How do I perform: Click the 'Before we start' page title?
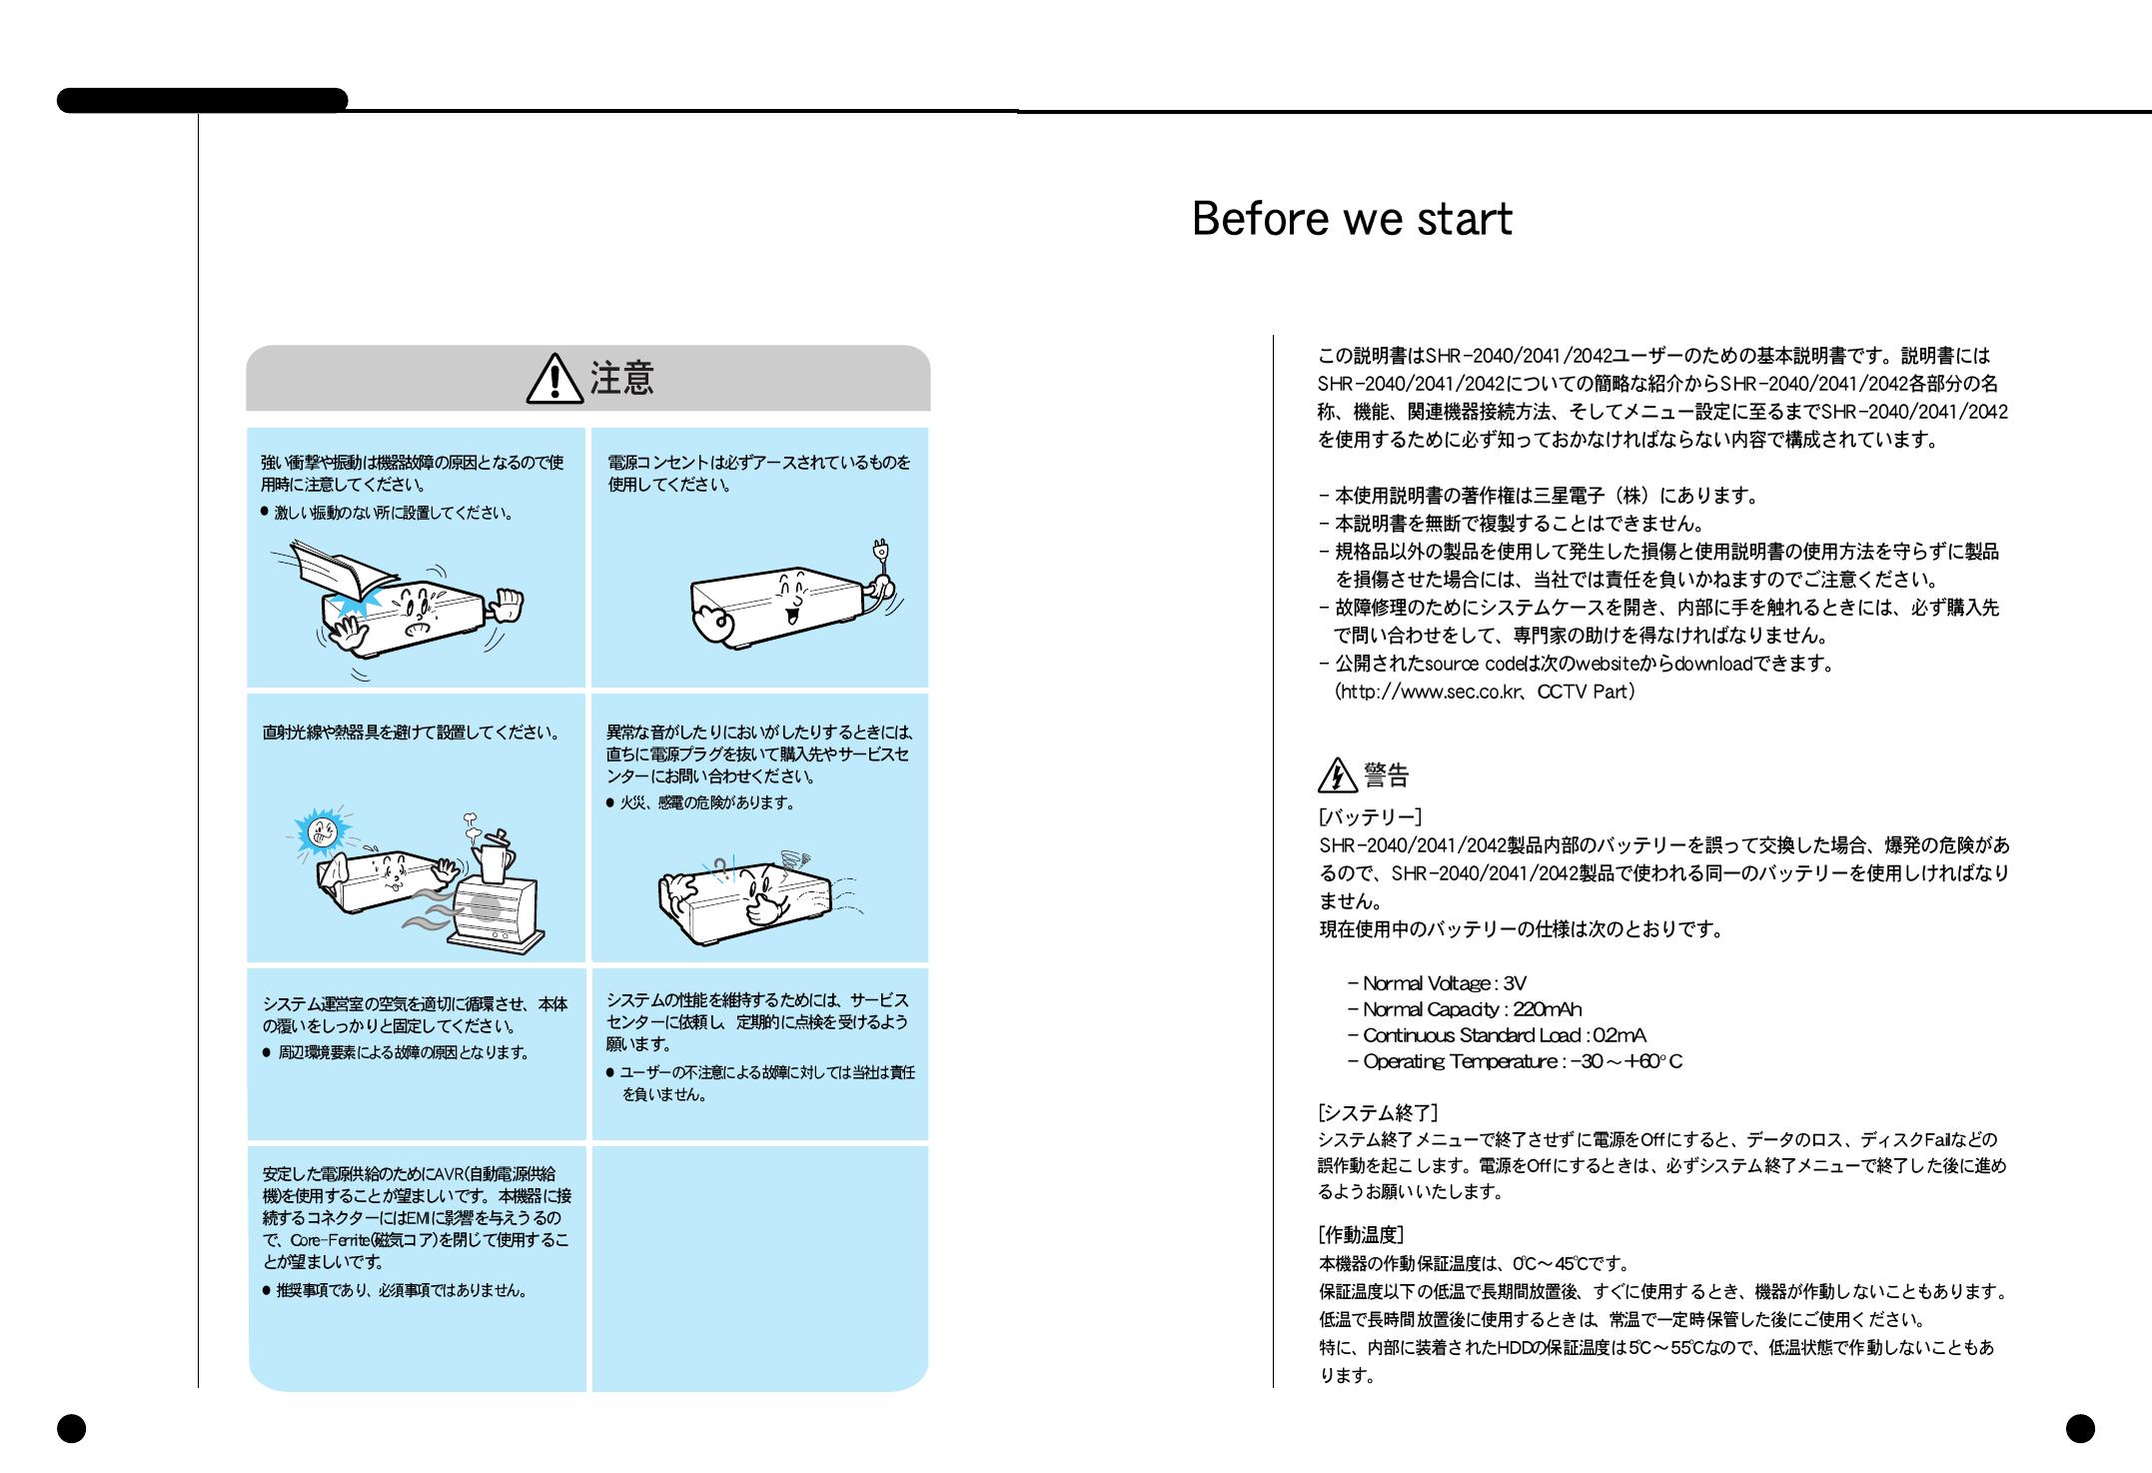[x=1352, y=220]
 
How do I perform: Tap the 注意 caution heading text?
[x=622, y=380]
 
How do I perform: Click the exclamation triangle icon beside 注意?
[x=554, y=381]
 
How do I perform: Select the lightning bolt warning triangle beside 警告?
[x=1337, y=775]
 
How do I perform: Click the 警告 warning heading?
[x=1387, y=775]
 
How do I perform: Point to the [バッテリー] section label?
[x=1370, y=817]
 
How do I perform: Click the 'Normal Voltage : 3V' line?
[x=1437, y=983]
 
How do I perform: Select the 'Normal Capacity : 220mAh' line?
[x=1464, y=1009]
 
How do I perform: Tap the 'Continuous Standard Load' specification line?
[x=1496, y=1035]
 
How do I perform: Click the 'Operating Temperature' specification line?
[x=1514, y=1061]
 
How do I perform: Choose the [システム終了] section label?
[x=1378, y=1112]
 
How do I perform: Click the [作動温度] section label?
[x=1361, y=1235]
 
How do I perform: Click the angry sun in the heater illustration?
[x=322, y=830]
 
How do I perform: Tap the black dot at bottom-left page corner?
[x=71, y=1429]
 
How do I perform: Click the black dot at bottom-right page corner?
[x=2080, y=1429]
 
